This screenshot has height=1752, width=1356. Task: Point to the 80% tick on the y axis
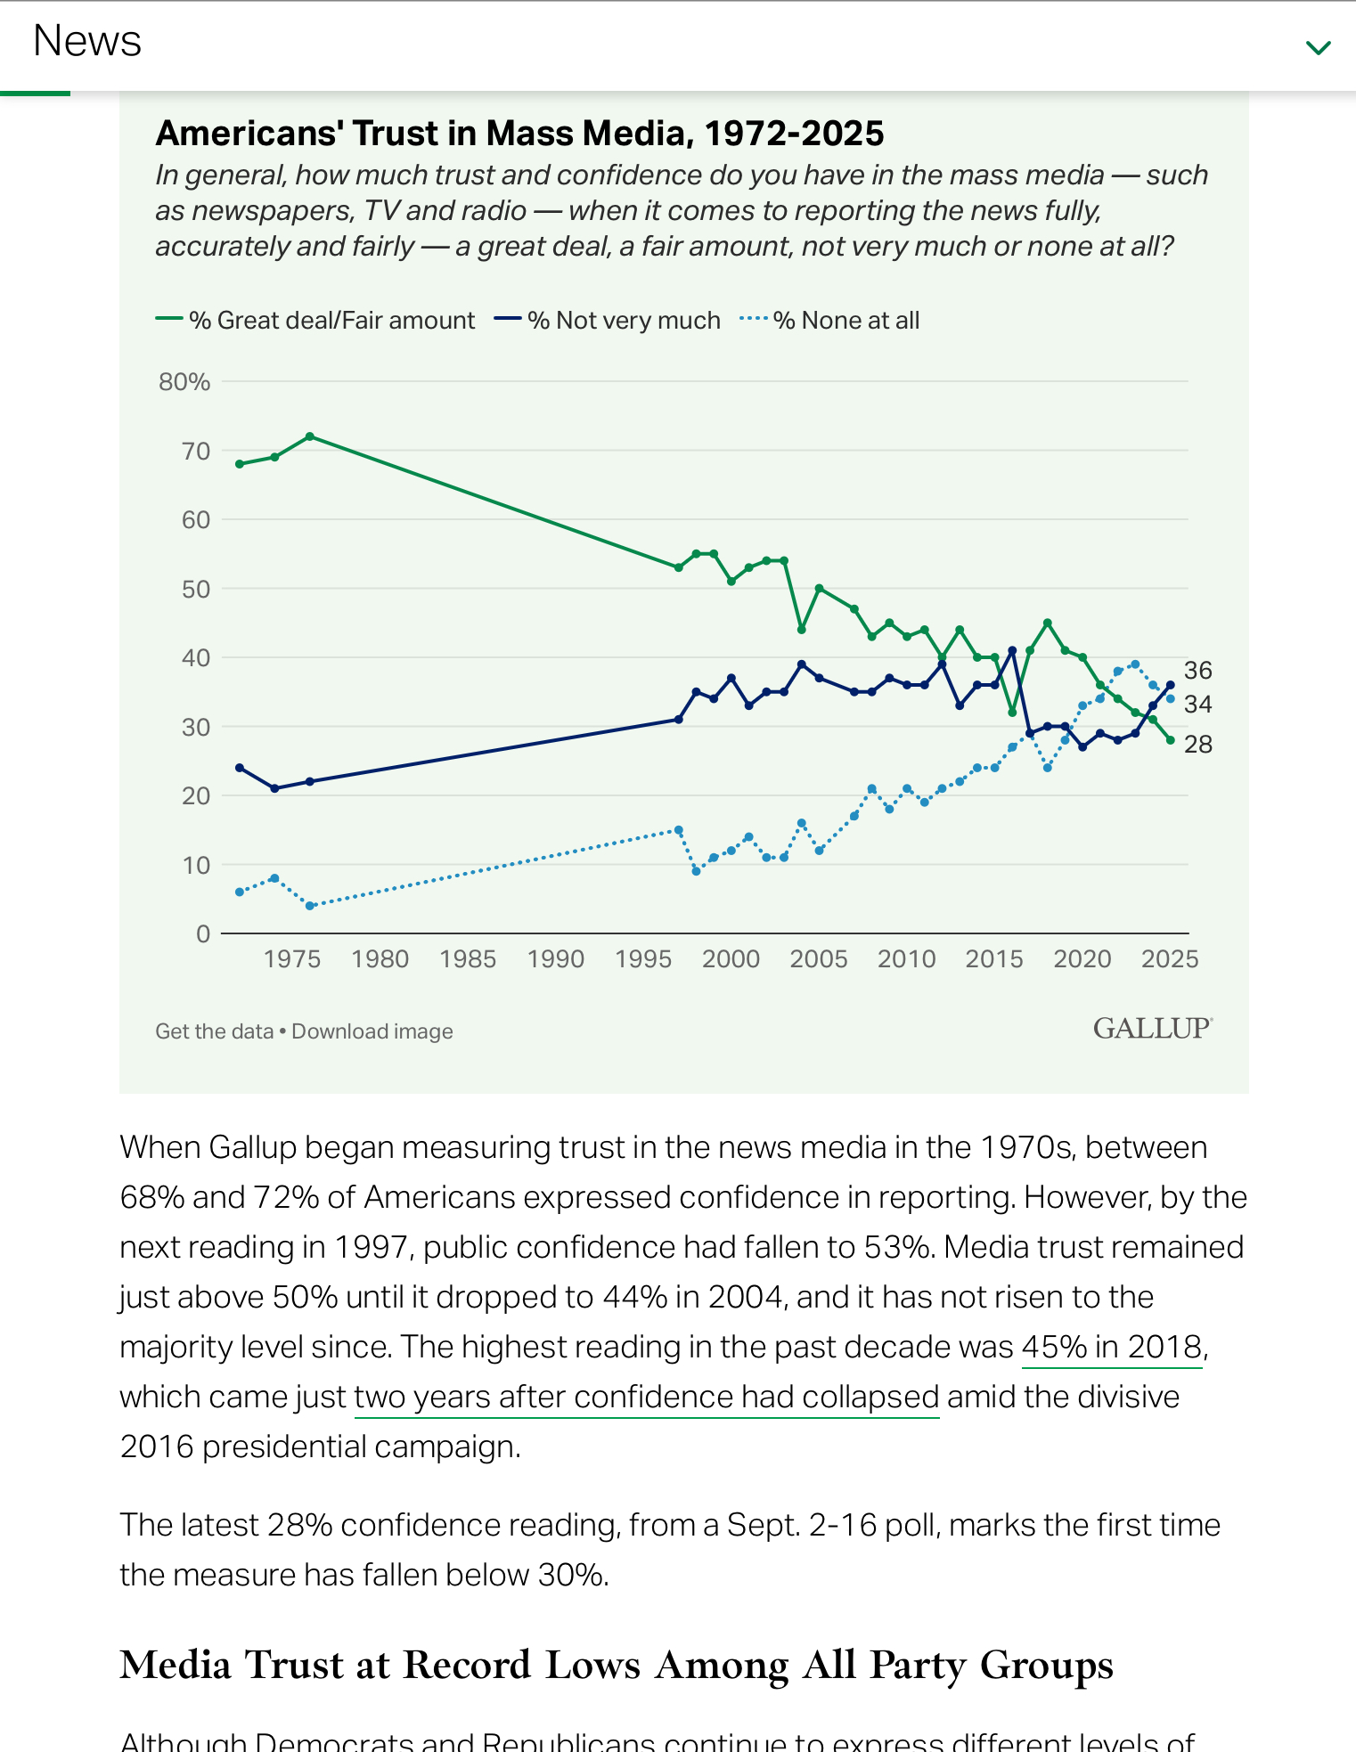pyautogui.click(x=184, y=382)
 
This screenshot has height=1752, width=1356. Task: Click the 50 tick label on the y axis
pyautogui.click(x=196, y=590)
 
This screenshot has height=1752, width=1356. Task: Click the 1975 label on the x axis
pyautogui.click(x=292, y=959)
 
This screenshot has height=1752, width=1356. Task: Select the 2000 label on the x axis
pyautogui.click(x=731, y=959)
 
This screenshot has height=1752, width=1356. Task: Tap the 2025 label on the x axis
pyautogui.click(x=1170, y=959)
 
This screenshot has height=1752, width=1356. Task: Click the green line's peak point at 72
pyautogui.click(x=310, y=436)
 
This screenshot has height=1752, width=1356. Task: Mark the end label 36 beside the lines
pyautogui.click(x=1198, y=671)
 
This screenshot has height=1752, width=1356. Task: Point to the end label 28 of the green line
pyautogui.click(x=1198, y=745)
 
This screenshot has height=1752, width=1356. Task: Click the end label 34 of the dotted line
pyautogui.click(x=1198, y=705)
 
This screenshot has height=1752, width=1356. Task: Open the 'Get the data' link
pyautogui.click(x=214, y=1031)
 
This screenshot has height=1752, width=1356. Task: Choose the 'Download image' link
pyautogui.click(x=372, y=1031)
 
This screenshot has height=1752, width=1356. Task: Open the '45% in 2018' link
pyautogui.click(x=1112, y=1347)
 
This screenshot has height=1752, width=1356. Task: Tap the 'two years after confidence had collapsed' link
pyautogui.click(x=647, y=1397)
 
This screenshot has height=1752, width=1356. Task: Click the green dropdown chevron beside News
pyautogui.click(x=1318, y=47)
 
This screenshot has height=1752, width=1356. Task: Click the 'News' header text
pyautogui.click(x=87, y=41)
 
